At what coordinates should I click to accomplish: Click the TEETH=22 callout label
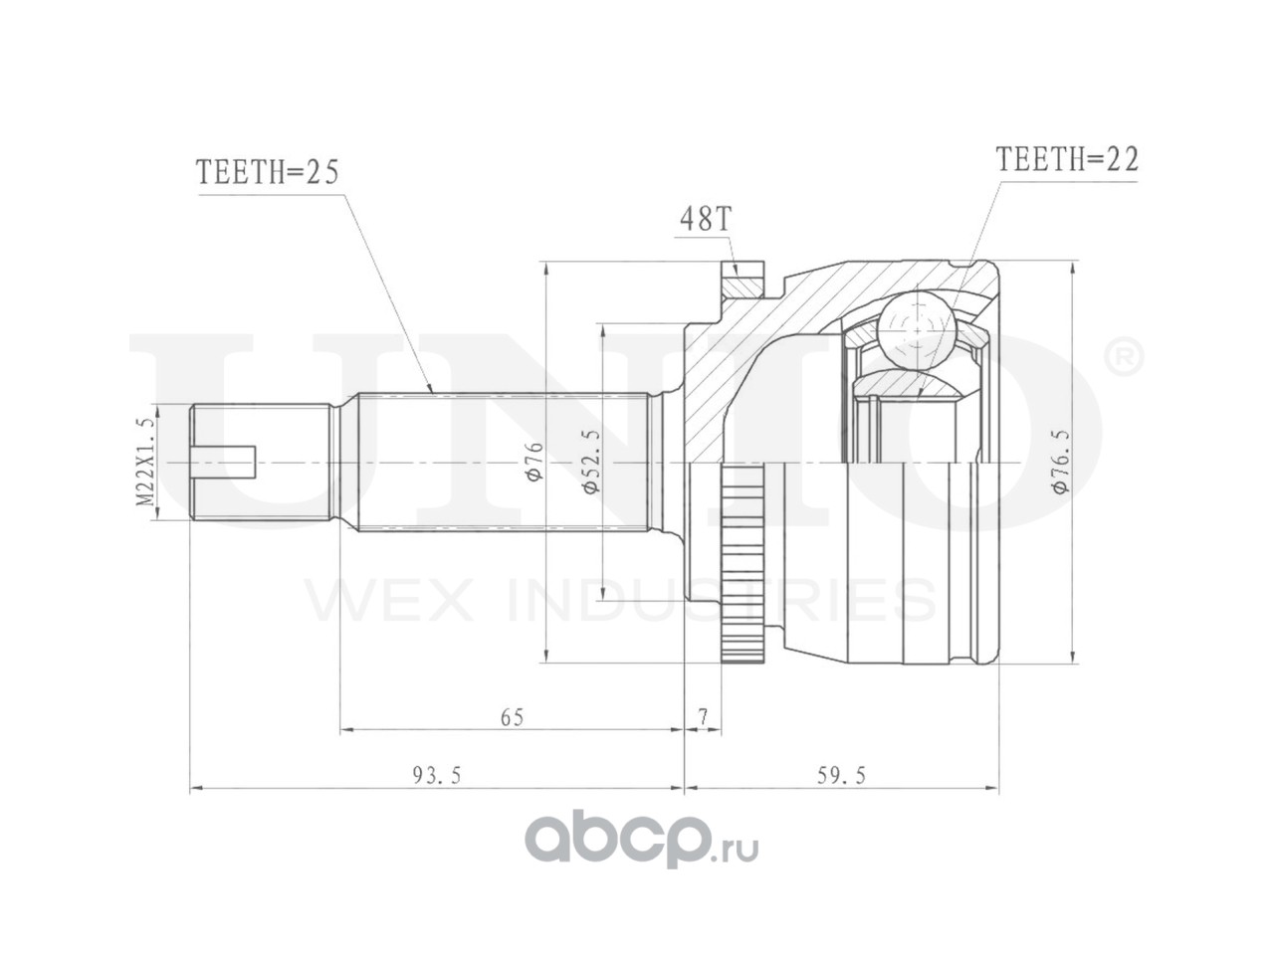1067,159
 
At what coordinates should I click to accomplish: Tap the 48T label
705,220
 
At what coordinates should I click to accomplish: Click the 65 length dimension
512,716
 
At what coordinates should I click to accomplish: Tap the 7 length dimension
703,716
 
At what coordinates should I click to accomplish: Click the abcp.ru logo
642,843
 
